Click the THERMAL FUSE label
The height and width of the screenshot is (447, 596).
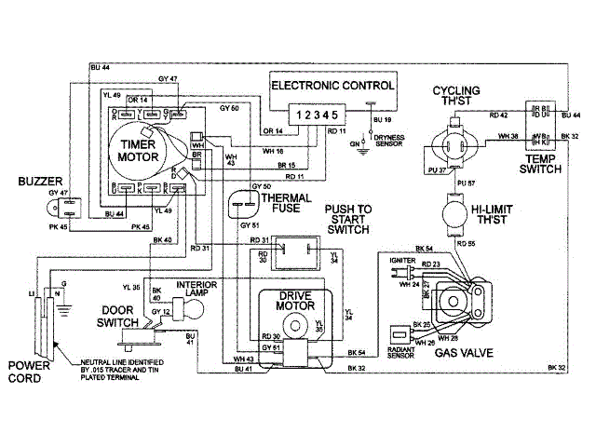(285, 204)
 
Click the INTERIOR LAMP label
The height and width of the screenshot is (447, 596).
(202, 290)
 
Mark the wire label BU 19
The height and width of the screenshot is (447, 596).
(383, 121)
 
